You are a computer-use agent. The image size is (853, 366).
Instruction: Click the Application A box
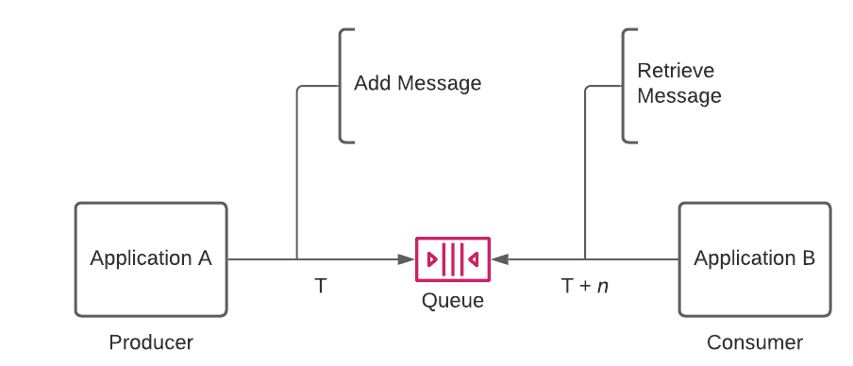(151, 259)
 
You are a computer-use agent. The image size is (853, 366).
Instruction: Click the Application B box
(755, 259)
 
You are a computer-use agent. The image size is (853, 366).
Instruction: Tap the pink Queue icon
(453, 258)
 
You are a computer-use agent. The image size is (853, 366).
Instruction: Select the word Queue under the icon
(453, 301)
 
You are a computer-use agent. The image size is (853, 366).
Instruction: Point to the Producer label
(151, 342)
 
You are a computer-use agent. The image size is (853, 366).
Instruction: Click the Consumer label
(755, 342)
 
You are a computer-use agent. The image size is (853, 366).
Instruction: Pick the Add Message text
(417, 83)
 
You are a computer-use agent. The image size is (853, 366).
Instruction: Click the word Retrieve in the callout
(676, 71)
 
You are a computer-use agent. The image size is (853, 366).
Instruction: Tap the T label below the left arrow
(321, 286)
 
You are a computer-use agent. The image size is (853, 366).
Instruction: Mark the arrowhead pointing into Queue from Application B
(497, 258)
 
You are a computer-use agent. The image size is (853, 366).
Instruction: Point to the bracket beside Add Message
(342, 86)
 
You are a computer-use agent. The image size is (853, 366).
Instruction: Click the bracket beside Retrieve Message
(625, 86)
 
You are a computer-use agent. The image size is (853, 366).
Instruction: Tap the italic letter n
(603, 287)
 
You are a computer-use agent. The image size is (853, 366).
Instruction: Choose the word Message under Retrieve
(679, 96)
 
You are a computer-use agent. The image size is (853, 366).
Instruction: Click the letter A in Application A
(205, 258)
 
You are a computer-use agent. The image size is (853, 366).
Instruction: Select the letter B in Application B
(809, 258)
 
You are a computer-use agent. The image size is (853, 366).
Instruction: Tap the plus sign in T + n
(585, 286)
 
